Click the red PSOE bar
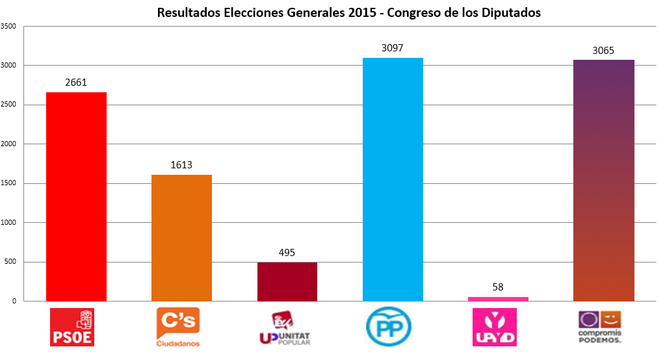point(77,197)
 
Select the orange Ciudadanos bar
point(181,238)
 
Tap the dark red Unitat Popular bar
point(287,282)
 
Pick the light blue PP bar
point(393,179)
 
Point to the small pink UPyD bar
point(499,299)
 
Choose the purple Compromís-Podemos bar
point(603,181)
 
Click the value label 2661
point(76,83)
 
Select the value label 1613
point(181,165)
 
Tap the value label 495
point(287,253)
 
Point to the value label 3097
point(393,48)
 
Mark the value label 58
point(499,287)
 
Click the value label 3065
point(603,51)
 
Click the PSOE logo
point(72,328)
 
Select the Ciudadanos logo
point(178,328)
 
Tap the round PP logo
point(389,328)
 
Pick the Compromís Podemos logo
point(600,326)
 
